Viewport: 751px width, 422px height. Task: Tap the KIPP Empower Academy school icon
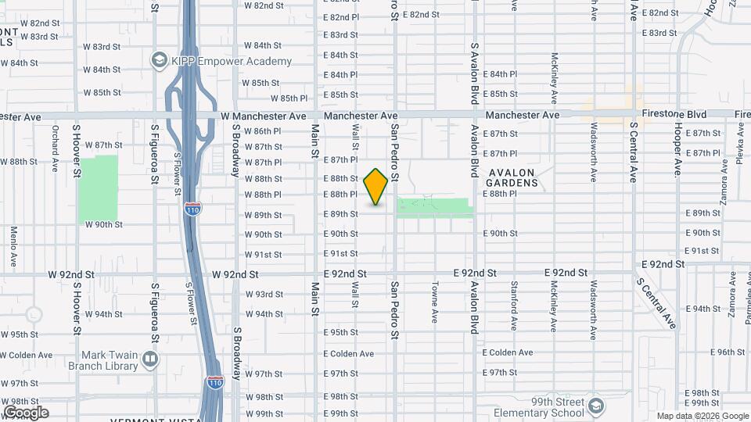point(160,60)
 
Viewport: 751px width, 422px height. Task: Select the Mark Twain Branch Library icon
point(150,359)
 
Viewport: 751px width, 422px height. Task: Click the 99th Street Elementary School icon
point(597,406)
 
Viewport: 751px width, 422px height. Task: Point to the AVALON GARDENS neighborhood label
point(512,177)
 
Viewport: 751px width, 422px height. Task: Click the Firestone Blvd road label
point(674,114)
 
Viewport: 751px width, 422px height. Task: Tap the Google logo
point(26,412)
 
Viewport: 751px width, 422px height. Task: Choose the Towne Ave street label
point(434,303)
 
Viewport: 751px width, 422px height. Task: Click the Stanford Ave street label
point(514,305)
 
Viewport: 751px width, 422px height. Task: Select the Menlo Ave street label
point(14,241)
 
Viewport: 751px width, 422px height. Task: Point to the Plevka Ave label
point(738,145)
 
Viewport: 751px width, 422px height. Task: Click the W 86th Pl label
point(263,131)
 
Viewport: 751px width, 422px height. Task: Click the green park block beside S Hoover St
point(98,188)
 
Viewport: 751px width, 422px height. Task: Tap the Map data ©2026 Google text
point(702,416)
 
